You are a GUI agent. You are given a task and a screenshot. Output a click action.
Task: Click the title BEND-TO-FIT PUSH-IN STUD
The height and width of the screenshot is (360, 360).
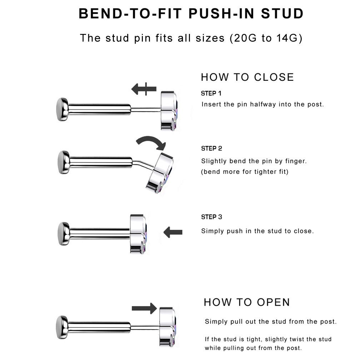pyautogui.click(x=191, y=14)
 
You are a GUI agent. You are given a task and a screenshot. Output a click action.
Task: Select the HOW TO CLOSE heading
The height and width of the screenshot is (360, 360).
pyautogui.click(x=247, y=77)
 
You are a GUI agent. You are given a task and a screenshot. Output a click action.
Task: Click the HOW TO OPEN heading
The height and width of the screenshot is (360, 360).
pyautogui.click(x=247, y=302)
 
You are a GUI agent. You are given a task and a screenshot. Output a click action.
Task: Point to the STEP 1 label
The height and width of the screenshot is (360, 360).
pyautogui.click(x=211, y=94)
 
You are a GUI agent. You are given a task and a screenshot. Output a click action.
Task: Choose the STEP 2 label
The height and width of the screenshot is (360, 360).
pyautogui.click(x=211, y=149)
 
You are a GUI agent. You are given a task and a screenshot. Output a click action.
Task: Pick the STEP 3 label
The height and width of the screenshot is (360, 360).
pyautogui.click(x=211, y=217)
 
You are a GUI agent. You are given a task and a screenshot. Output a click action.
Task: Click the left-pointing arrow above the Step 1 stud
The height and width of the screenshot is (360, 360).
pyautogui.click(x=144, y=89)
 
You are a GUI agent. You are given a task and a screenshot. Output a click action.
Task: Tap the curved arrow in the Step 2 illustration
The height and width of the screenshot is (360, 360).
pyautogui.click(x=151, y=142)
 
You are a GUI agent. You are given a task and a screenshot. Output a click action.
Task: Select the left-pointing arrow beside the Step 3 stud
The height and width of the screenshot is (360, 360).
pyautogui.click(x=173, y=232)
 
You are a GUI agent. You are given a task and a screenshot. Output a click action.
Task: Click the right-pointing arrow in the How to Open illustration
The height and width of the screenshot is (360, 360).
pyautogui.click(x=144, y=308)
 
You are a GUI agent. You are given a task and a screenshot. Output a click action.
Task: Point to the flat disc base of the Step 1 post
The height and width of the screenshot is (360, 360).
pyautogui.click(x=62, y=109)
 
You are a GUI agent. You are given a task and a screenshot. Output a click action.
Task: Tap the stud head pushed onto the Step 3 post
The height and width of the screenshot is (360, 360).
pyautogui.click(x=138, y=234)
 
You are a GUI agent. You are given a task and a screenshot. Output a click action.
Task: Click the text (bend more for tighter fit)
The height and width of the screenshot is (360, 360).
pyautogui.click(x=245, y=172)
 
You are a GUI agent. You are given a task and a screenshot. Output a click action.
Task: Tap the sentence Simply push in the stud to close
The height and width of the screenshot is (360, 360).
pyautogui.click(x=257, y=231)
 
